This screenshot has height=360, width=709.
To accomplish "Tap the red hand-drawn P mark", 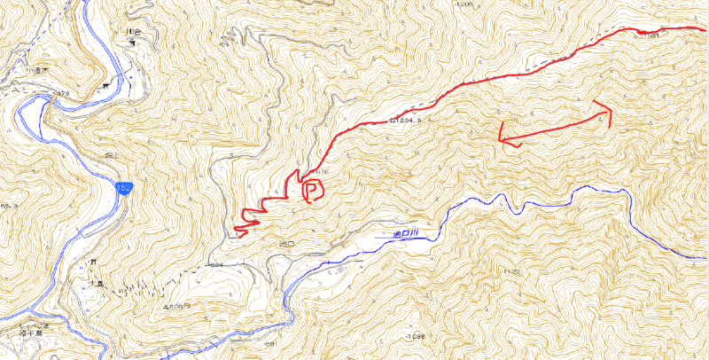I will coord(312,190).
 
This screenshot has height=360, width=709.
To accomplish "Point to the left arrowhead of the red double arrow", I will coord(502,138).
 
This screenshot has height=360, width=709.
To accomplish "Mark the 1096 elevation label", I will coord(415,337).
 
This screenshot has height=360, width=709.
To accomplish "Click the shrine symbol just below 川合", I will coord(131,43).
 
